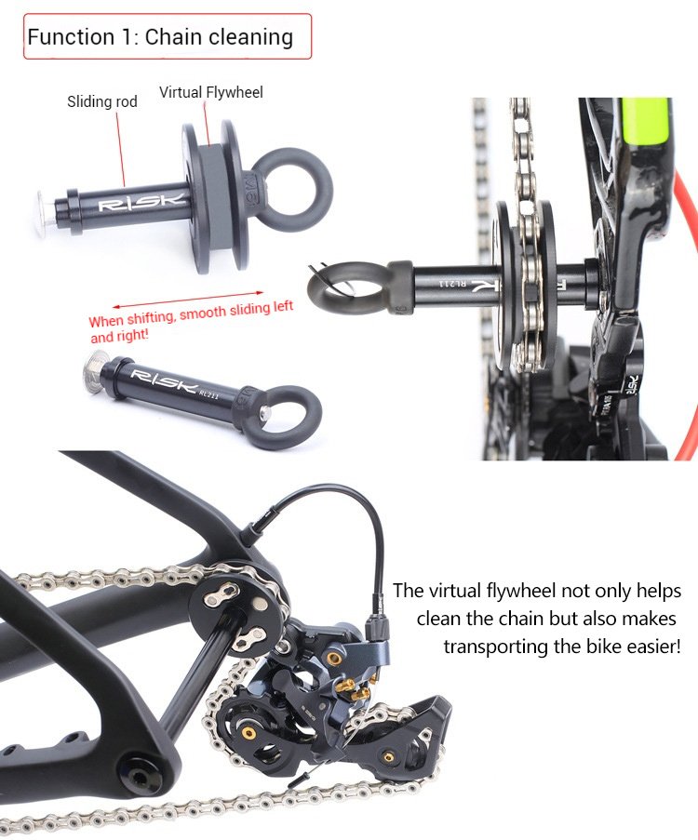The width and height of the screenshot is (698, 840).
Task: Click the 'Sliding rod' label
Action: click(x=101, y=101)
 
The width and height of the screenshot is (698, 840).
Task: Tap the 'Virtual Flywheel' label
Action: click(x=210, y=92)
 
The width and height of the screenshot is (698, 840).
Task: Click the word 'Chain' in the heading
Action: click(x=171, y=37)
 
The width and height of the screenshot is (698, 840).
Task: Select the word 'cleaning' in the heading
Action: click(x=250, y=37)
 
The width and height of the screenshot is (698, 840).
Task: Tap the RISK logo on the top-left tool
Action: click(x=141, y=202)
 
